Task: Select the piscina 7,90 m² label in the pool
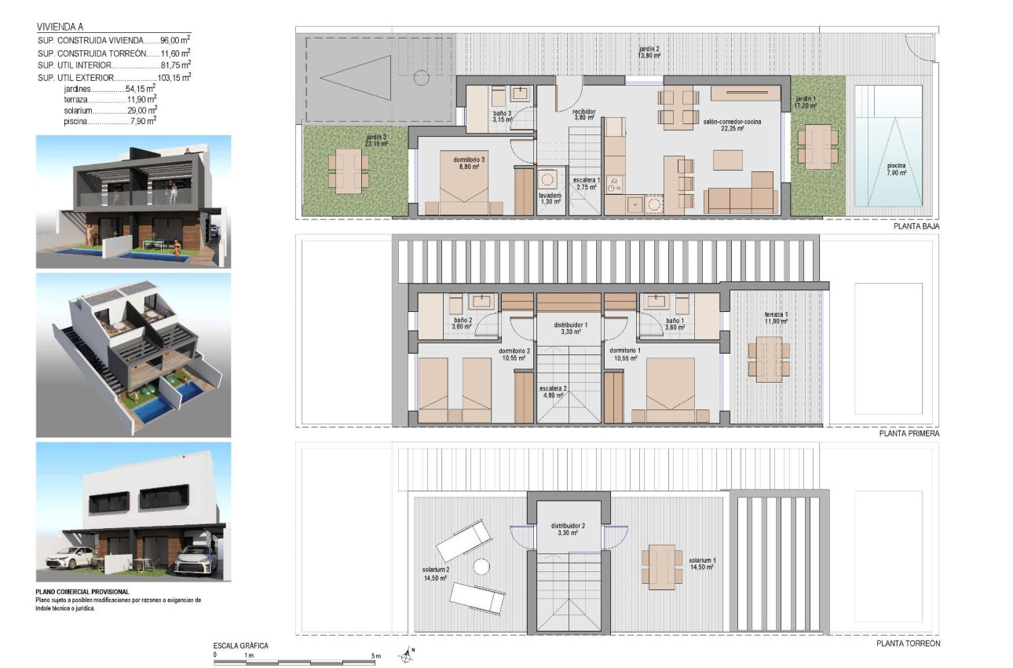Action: tap(891, 169)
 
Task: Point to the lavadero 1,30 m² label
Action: tap(550, 197)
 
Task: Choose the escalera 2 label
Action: tap(553, 392)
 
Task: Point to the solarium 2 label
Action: tap(436, 573)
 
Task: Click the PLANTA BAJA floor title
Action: tap(916, 226)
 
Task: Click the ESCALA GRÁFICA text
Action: tap(241, 645)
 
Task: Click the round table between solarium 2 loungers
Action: tap(481, 565)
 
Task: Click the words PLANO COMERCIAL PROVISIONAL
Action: tap(82, 592)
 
